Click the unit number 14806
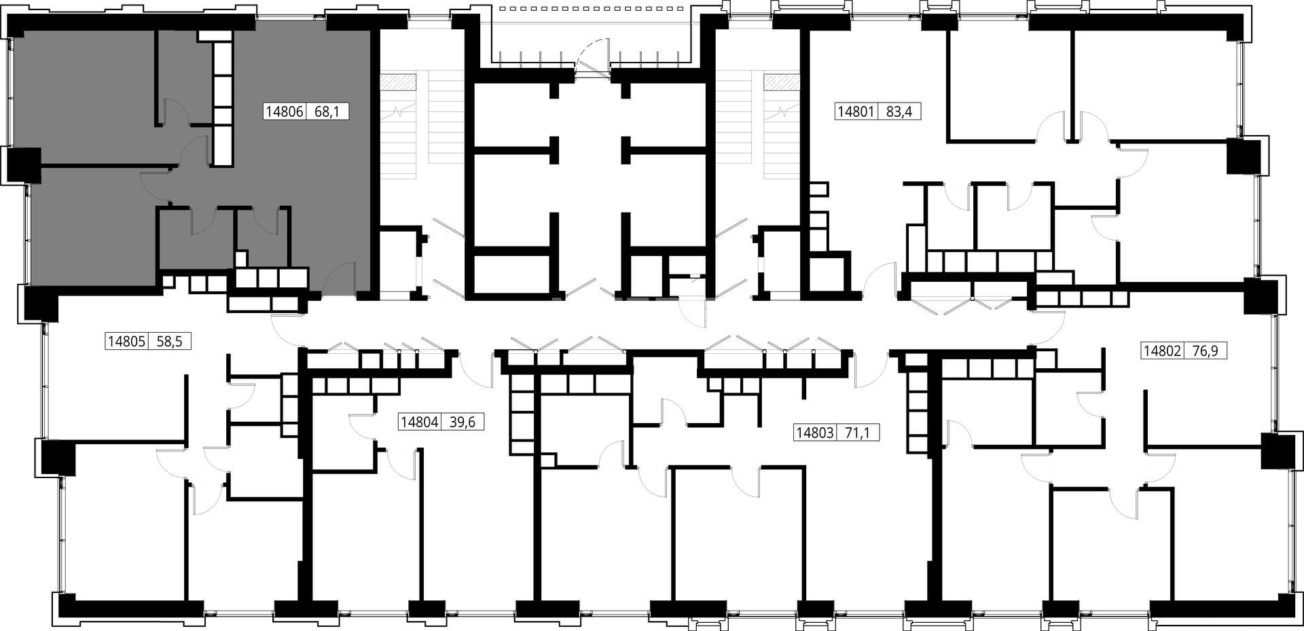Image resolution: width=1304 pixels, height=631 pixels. (x=285, y=111)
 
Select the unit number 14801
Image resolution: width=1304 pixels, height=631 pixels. (x=856, y=111)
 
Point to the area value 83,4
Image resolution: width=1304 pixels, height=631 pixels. (x=900, y=111)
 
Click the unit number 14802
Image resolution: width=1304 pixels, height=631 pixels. (x=1163, y=351)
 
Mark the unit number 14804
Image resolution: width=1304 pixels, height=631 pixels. (x=419, y=422)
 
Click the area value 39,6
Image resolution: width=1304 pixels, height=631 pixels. (x=463, y=422)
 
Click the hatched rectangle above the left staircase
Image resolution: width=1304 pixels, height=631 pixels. (x=397, y=82)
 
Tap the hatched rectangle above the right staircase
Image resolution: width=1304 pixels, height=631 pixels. (x=782, y=82)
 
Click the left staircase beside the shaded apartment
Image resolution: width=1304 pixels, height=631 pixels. (x=421, y=126)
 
